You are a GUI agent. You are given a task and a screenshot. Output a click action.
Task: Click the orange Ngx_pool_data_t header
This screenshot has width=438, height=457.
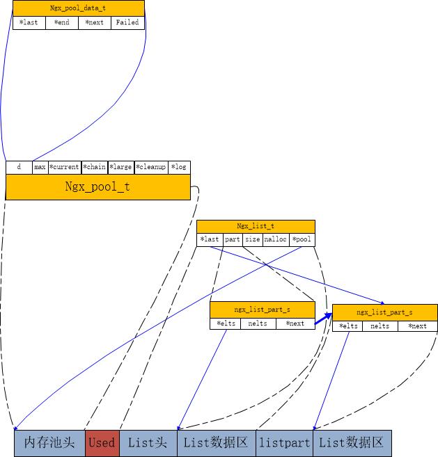click(x=78, y=8)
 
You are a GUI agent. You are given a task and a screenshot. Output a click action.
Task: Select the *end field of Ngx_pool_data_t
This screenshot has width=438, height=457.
click(x=61, y=22)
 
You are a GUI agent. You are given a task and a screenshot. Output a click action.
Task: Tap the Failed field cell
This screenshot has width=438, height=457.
click(x=127, y=22)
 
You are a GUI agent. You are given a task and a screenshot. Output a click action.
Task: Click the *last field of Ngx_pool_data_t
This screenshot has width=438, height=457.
click(x=29, y=22)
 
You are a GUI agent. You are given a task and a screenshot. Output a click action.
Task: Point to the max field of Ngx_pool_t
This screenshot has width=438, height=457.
click(x=40, y=167)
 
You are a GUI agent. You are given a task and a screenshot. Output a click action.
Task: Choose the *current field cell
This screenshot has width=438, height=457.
click(x=64, y=167)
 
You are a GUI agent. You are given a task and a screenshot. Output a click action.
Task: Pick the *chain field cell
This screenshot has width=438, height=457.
click(x=95, y=167)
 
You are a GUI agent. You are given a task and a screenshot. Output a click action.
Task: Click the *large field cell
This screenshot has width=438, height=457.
click(x=120, y=167)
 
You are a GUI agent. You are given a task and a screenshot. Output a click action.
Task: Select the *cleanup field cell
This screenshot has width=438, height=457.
click(x=151, y=167)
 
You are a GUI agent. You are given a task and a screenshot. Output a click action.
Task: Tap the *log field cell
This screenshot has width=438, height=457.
click(x=179, y=167)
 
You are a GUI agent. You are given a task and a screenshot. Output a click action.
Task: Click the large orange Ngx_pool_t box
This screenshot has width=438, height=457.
click(x=97, y=186)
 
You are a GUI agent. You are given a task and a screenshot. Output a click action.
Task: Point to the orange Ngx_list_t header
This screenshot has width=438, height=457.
click(x=256, y=226)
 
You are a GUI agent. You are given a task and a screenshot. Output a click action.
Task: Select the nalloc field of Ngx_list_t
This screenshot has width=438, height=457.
click(x=276, y=239)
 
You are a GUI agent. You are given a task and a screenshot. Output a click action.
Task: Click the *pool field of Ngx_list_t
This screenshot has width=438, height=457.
click(x=302, y=239)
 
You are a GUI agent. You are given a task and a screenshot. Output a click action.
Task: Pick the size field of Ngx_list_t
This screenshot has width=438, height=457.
click(x=252, y=239)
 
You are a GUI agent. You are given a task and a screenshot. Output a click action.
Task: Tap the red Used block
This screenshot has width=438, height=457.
click(x=102, y=442)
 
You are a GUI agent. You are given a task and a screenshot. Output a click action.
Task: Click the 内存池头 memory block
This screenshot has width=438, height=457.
click(x=49, y=442)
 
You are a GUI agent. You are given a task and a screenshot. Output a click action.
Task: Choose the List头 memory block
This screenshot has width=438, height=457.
click(x=148, y=442)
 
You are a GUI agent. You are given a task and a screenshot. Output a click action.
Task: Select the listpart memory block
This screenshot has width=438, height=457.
click(x=284, y=442)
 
